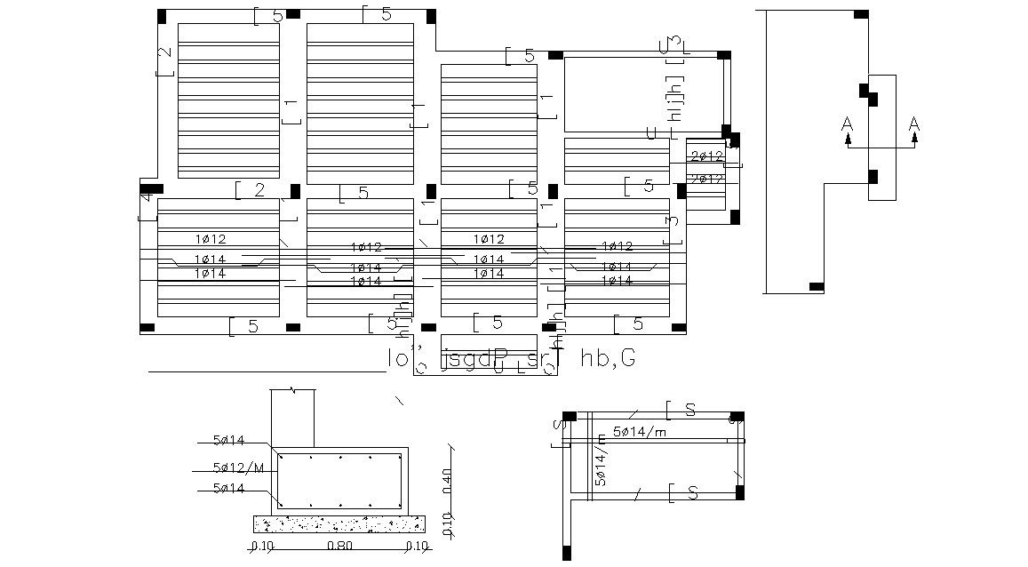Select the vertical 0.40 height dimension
click(x=447, y=480)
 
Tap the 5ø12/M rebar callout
click(x=239, y=468)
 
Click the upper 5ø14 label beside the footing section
click(x=228, y=440)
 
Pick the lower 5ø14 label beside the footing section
click(x=228, y=488)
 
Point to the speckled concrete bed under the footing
click(x=339, y=523)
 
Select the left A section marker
click(x=848, y=126)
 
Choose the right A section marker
click(x=913, y=126)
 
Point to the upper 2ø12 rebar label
click(x=707, y=156)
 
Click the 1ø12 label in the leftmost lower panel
click(x=211, y=239)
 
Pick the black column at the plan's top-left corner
click(x=161, y=16)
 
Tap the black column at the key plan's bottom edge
click(x=817, y=287)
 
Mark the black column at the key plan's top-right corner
click(x=860, y=14)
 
